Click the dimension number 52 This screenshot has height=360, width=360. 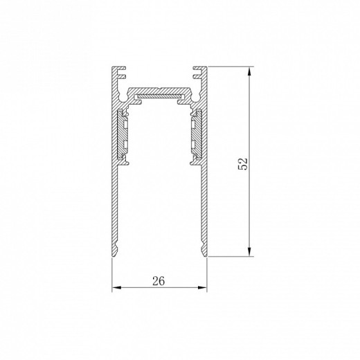243,163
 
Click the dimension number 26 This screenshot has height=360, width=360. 159,281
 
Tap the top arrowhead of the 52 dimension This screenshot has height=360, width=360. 249,71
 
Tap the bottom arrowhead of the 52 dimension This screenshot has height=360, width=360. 249,251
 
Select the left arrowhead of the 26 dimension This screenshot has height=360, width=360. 116,287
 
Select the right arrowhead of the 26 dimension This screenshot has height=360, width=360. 202,287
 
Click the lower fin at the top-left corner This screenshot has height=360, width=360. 122,76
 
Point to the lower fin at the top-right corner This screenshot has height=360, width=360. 197,76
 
